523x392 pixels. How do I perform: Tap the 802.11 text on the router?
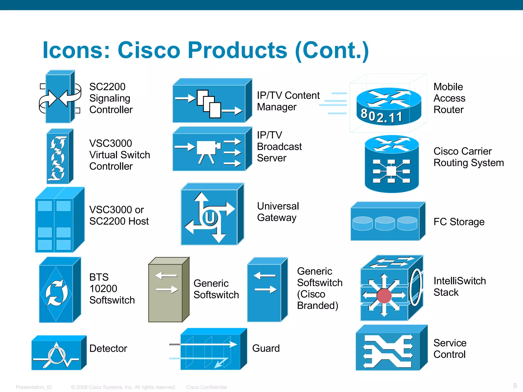[381, 116]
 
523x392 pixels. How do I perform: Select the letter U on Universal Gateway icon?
[210, 218]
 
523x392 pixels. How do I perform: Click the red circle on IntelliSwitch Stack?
[384, 296]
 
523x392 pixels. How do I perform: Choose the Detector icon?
[59, 353]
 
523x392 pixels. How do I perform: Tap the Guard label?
[266, 348]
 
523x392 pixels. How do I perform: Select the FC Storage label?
[459, 222]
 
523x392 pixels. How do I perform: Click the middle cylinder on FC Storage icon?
[385, 223]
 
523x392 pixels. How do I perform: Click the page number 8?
[515, 386]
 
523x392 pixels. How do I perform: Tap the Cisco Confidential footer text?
[206, 387]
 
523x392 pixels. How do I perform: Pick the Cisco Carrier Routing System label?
[469, 157]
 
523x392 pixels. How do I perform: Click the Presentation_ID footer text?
[34, 387]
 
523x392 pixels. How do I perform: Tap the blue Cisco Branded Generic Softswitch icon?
[267, 290]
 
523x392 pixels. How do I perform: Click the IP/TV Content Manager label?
[288, 101]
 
